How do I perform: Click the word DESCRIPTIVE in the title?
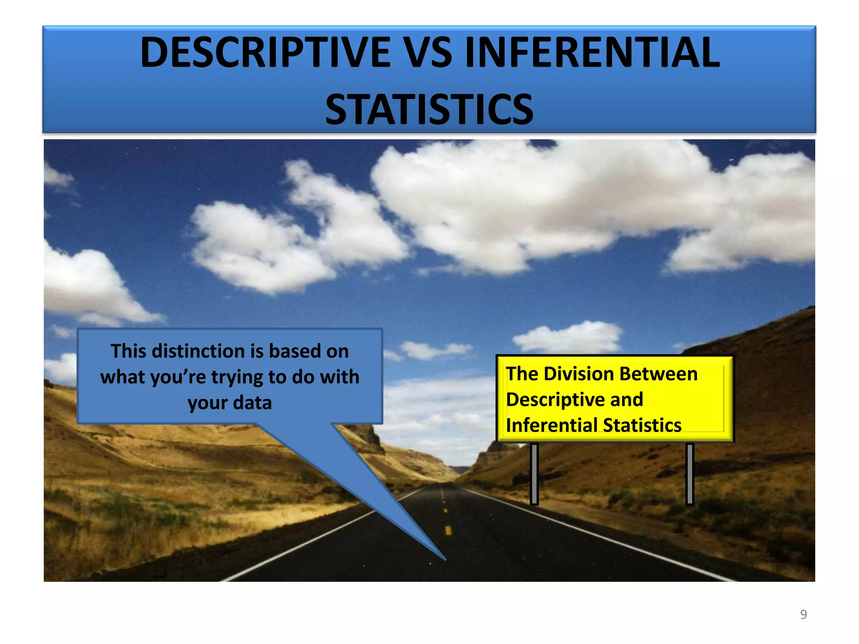pyautogui.click(x=265, y=52)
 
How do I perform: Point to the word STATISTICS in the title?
pyautogui.click(x=429, y=109)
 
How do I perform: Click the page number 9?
pyautogui.click(x=803, y=614)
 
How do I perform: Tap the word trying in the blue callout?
pyautogui.click(x=237, y=377)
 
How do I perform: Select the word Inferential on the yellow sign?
pyautogui.click(x=551, y=425)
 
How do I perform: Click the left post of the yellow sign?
pyautogui.click(x=534, y=474)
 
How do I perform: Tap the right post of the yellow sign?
pyautogui.click(x=690, y=474)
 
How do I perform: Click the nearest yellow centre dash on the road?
pyautogui.click(x=448, y=531)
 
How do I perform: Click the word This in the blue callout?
pyautogui.click(x=128, y=351)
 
